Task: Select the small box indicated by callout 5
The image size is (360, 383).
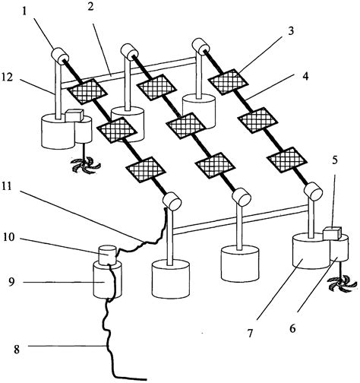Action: point(329,232)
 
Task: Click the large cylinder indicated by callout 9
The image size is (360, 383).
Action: point(108,280)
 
